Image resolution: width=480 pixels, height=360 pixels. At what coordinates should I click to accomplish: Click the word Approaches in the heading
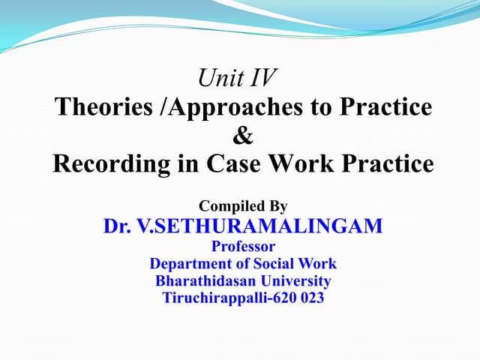point(241,106)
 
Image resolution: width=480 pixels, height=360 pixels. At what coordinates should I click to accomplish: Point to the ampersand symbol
point(244,135)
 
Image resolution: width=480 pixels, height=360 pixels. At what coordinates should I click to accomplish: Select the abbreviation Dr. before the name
point(118,225)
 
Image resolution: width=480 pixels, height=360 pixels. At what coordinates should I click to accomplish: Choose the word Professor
point(243,245)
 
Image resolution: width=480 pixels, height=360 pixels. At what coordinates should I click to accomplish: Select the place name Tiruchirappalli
point(219,298)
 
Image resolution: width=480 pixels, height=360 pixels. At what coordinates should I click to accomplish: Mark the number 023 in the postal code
point(312,298)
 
